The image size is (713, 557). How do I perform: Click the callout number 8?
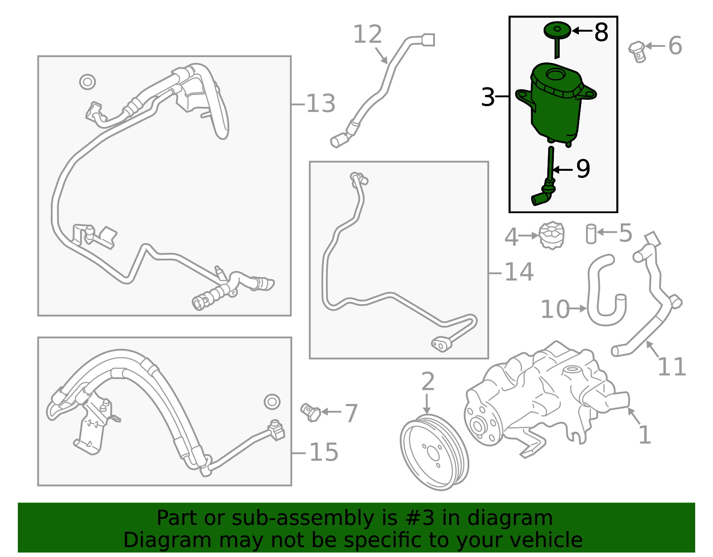601,33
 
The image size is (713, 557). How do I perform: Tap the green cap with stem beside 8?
557,36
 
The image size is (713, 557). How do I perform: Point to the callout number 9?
583,169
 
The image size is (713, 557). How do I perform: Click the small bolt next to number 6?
637,52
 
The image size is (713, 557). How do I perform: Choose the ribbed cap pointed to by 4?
552,235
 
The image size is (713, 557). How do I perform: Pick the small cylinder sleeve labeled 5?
591,234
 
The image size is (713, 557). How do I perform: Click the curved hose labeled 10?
606,290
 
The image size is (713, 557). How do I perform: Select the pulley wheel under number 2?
434,452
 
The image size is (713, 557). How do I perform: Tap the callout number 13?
320,103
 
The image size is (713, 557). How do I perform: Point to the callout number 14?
519,272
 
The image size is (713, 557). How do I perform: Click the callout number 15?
324,452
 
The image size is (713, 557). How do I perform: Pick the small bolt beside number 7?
311,412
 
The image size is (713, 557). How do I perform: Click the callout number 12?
368,34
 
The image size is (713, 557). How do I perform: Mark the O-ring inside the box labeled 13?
88,82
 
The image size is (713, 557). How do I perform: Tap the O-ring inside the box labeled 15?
272,401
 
